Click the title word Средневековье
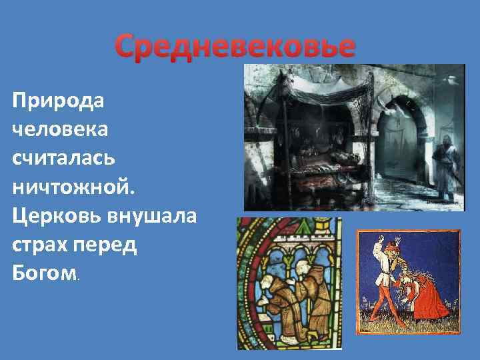pyautogui.click(x=235, y=47)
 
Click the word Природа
pyautogui.click(x=59, y=102)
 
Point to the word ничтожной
pyautogui.click(x=73, y=188)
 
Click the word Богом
pyautogui.click(x=44, y=274)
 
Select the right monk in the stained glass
pyautogui.click(x=309, y=297)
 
